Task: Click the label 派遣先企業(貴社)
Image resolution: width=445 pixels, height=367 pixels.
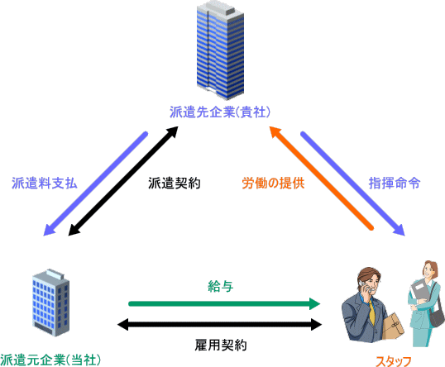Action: pos(220,112)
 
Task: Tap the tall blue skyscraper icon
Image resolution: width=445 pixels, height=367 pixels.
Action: pos(220,50)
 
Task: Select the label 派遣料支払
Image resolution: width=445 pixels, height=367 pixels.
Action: pos(45,183)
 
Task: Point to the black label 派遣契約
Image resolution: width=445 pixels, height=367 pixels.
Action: pos(175,183)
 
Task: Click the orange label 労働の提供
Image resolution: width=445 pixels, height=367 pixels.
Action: pos(273,183)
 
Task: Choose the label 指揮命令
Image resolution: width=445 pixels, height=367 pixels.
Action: pos(395,183)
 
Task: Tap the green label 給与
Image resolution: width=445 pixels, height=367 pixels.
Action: pos(221,287)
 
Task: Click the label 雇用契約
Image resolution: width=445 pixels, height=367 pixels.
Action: pos(221,346)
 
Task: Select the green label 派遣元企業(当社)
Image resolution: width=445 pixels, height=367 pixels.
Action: pos(50,360)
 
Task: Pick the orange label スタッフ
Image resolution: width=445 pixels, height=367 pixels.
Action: pos(394,361)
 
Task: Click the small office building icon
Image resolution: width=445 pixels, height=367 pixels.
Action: pos(50,303)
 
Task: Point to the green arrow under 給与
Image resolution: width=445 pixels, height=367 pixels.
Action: pos(224,303)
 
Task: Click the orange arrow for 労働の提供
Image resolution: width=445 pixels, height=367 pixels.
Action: pos(321,178)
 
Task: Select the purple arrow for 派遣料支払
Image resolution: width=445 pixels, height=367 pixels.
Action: pos(95,183)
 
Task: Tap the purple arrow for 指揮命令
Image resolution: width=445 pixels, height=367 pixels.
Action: pos(352,183)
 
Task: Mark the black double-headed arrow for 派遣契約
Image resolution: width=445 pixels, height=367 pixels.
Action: pos(123,181)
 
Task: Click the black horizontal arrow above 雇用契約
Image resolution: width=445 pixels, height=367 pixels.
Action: pos(220,325)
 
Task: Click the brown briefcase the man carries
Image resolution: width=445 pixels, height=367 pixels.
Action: pos(393,326)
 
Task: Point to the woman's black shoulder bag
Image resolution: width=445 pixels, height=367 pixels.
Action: pos(436,317)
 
